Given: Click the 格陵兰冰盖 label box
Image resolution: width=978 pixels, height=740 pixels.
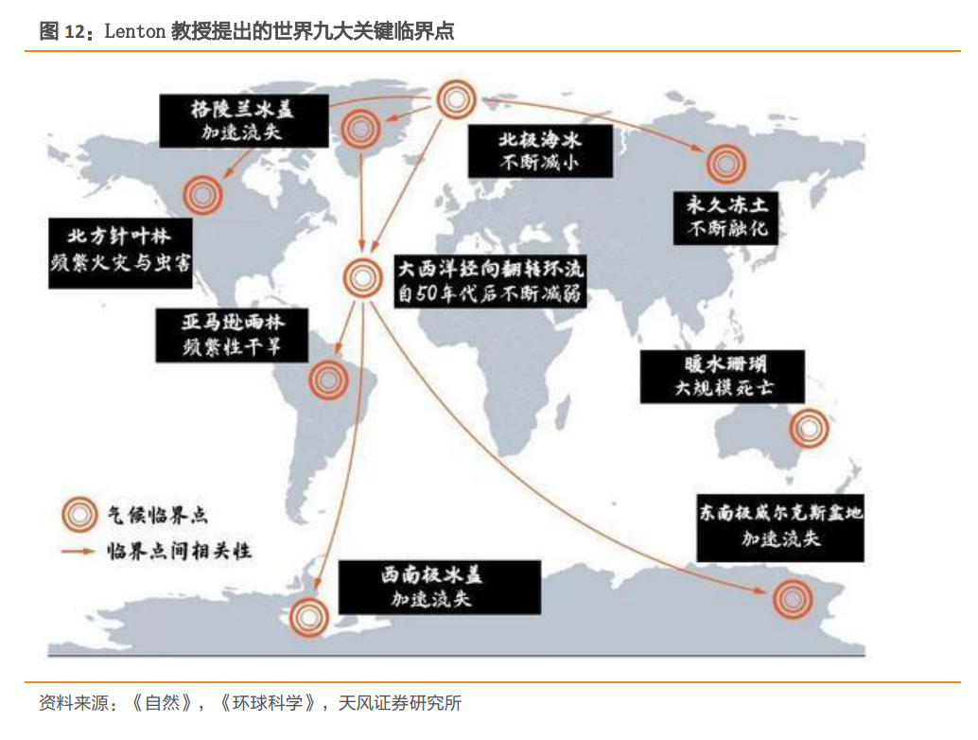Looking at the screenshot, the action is click(x=242, y=120).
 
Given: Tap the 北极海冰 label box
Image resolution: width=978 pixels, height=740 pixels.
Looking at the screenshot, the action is click(x=540, y=150).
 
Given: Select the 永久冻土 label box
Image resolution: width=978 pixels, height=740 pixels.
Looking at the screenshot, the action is click(x=725, y=217).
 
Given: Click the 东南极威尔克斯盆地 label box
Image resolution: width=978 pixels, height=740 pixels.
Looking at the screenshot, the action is click(x=781, y=526).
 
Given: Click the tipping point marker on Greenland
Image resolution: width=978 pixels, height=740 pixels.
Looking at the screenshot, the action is click(x=360, y=129).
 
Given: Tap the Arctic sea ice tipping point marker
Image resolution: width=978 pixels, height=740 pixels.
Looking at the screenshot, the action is click(x=457, y=97).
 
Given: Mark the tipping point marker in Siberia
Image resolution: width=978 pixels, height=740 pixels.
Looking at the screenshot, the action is click(x=725, y=164).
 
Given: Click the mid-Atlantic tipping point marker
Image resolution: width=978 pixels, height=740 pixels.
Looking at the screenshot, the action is click(x=360, y=277).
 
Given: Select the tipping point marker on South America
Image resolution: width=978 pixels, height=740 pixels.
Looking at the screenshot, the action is click(x=328, y=380).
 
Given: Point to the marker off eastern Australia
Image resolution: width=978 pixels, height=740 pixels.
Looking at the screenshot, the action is click(x=809, y=429).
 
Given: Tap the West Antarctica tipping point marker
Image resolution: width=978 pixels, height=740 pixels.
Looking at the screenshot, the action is click(x=308, y=616).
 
